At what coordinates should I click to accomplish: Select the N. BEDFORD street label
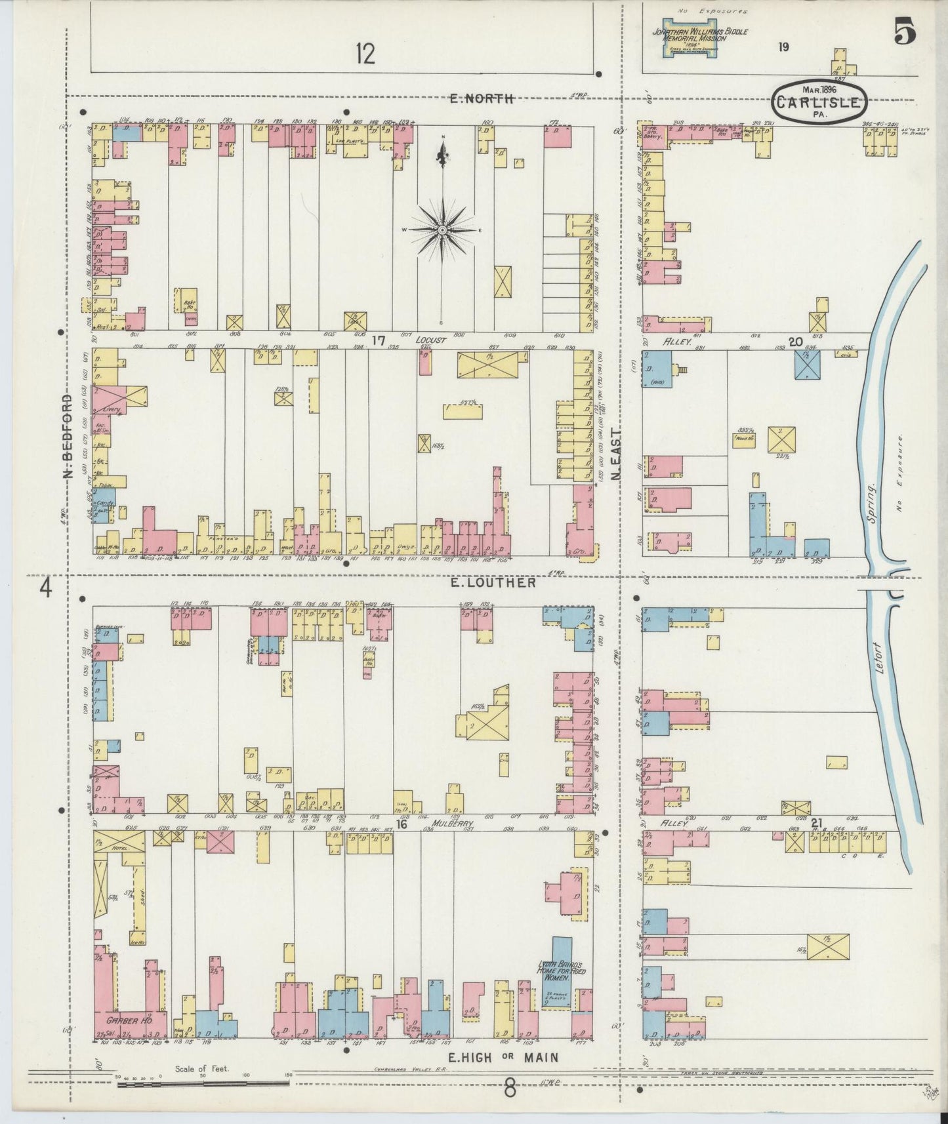(x=68, y=445)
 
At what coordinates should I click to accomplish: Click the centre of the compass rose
(x=443, y=230)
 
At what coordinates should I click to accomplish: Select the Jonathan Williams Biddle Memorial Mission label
(x=699, y=35)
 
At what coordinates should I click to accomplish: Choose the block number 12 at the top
(x=365, y=54)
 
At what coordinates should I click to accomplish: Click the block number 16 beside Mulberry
(x=402, y=824)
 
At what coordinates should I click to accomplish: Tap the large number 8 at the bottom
(x=510, y=1089)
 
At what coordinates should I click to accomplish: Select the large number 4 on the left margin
(x=45, y=588)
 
